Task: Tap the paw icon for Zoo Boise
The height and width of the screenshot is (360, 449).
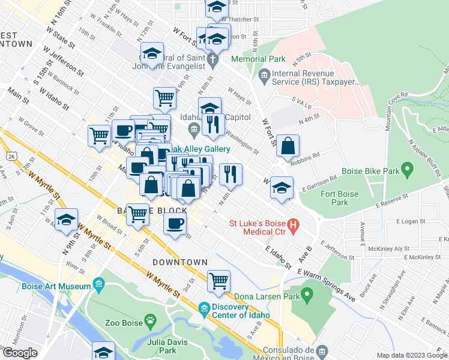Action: [151, 322]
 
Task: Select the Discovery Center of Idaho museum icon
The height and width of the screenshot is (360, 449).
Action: [204, 307]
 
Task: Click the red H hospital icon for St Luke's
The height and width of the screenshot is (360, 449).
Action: [294, 227]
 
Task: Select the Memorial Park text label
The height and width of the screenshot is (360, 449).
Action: [259, 60]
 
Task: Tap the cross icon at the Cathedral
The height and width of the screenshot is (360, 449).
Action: [213, 60]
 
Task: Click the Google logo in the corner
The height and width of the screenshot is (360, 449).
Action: [20, 352]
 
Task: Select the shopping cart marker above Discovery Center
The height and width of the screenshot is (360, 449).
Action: [218, 281]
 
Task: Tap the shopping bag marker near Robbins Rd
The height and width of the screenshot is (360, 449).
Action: [288, 146]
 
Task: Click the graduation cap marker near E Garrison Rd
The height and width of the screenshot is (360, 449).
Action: [282, 187]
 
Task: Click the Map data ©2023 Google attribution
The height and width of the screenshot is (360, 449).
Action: [411, 355]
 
